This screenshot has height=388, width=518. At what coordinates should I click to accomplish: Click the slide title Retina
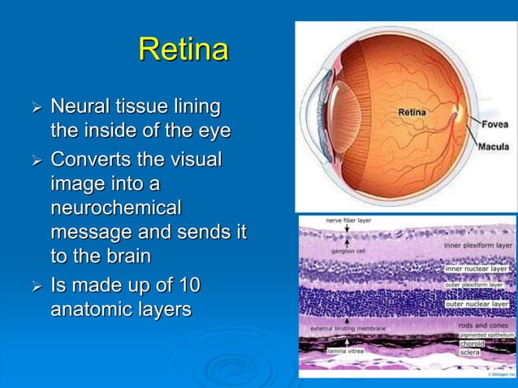coord(183,50)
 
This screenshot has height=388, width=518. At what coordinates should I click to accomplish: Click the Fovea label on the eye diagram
coord(494,124)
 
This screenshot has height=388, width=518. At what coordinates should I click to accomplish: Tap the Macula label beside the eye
coord(494,147)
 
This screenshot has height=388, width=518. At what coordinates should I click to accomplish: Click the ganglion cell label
coord(346,251)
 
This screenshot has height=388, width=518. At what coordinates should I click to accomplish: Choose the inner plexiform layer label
coord(478,244)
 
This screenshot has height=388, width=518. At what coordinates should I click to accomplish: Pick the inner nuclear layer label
coord(477,268)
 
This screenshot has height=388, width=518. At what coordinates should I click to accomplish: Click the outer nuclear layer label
coord(477,304)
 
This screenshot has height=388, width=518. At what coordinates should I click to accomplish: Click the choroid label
coord(472,344)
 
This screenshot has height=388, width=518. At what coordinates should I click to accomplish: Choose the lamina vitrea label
coord(347,352)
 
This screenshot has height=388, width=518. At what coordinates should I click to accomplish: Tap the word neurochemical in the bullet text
coord(115,209)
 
